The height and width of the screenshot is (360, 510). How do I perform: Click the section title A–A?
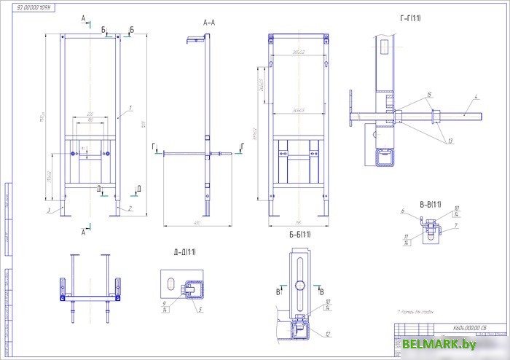[208, 23]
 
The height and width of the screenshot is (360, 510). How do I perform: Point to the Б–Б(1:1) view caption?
[299, 234]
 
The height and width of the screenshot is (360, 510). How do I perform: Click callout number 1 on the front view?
[129, 107]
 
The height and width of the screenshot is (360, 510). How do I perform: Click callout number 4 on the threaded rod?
[474, 96]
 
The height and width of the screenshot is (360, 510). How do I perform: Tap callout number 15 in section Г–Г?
[430, 95]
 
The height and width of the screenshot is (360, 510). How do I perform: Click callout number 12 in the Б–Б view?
[329, 334]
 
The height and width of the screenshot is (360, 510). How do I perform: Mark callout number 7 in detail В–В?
[455, 226]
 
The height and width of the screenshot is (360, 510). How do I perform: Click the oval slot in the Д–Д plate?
[169, 283]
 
